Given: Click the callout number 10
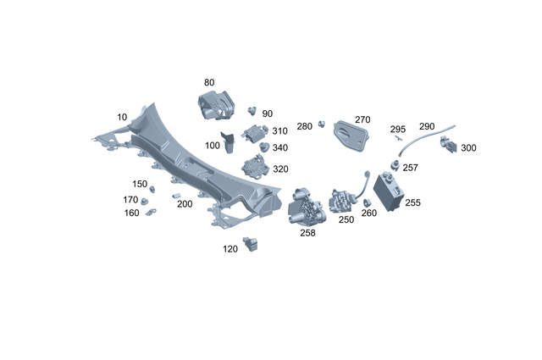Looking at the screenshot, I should (122, 116).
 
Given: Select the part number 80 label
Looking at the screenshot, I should (209, 82).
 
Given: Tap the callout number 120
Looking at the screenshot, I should (230, 249).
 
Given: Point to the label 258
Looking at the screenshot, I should (307, 233).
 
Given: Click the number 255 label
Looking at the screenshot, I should (412, 203).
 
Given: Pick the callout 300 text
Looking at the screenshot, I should (468, 148).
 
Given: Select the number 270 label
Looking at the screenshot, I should (362, 120).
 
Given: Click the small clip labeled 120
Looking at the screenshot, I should (250, 245).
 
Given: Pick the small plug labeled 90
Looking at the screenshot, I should (252, 110).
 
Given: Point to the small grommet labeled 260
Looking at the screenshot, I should (368, 203).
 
